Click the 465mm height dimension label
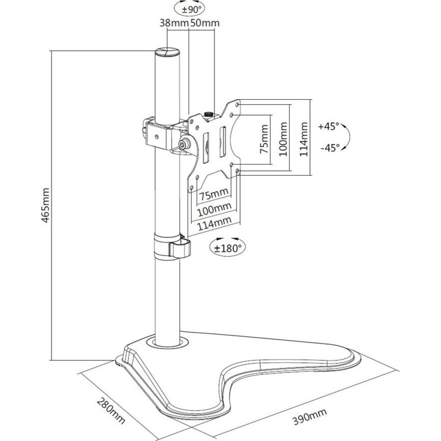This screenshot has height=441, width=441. click(x=45, y=205)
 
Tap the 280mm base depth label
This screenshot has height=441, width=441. click(x=111, y=410)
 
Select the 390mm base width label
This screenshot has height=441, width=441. click(x=310, y=417)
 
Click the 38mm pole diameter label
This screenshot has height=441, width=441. click(x=174, y=23)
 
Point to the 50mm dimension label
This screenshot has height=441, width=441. click(x=205, y=23)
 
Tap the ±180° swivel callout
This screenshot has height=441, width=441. click(x=228, y=248)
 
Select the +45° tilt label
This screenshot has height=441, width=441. click(x=328, y=126)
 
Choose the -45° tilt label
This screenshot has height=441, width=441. click(x=330, y=148)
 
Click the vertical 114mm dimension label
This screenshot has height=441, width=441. click(x=303, y=139)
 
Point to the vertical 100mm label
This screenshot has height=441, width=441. click(x=283, y=139)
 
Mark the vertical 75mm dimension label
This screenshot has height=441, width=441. click(x=264, y=139)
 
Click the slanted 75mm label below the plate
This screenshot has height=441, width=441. click(x=214, y=194)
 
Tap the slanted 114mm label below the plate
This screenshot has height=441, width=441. click(x=214, y=224)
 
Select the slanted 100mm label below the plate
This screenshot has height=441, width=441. click(x=214, y=209)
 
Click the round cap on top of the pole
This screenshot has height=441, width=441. click(x=167, y=52)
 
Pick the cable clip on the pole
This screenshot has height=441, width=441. click(x=172, y=246)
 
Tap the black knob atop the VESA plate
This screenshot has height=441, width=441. click(x=208, y=114)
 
